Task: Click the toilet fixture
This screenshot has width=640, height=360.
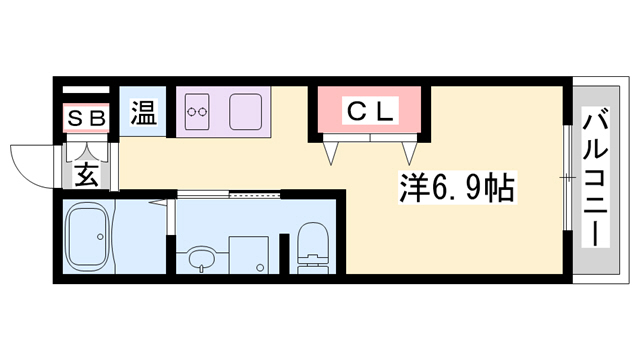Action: pyautogui.click(x=314, y=250)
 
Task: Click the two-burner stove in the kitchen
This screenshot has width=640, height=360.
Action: pyautogui.click(x=198, y=110)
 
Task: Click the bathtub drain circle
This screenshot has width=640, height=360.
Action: pyautogui.click(x=100, y=237)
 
